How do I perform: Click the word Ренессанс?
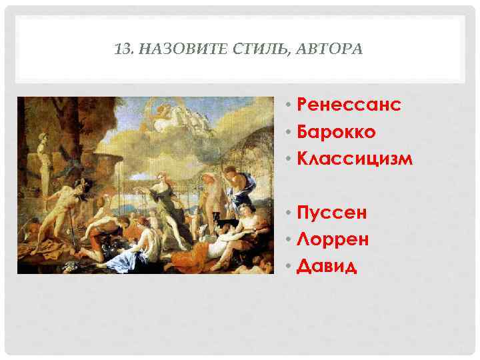349,105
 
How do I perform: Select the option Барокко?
337,132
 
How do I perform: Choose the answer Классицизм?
355,159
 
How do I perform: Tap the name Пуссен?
332,213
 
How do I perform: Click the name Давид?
327,267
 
